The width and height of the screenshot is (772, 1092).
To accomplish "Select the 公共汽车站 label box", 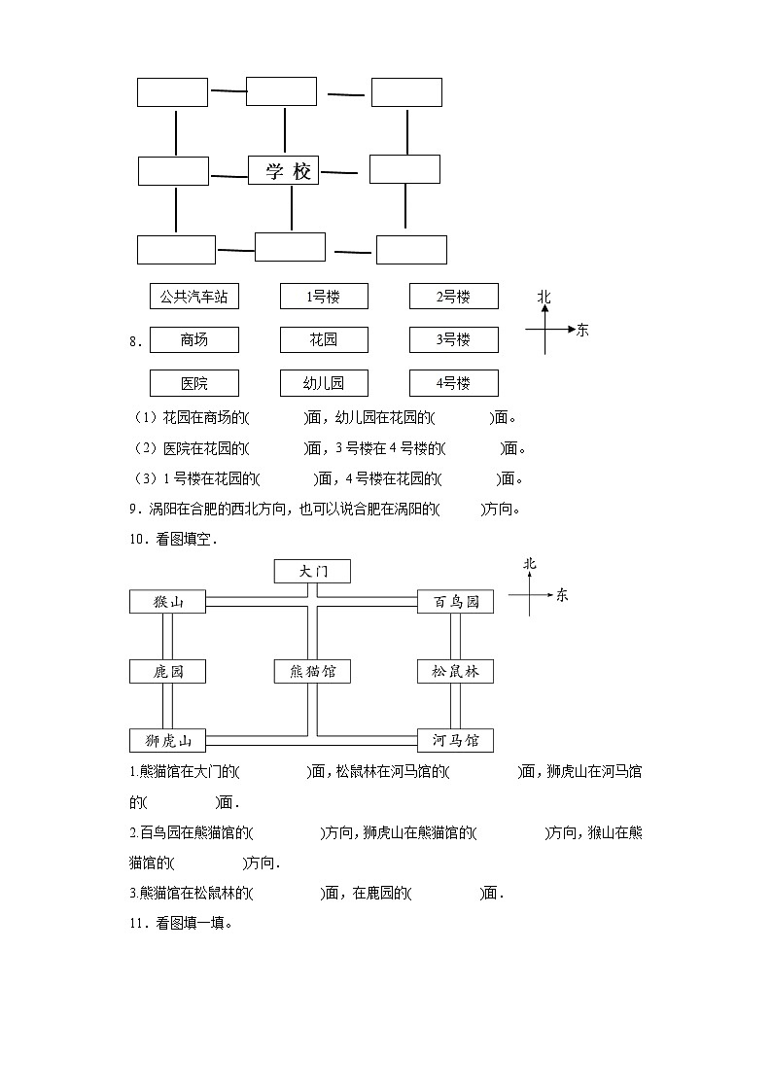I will (x=194, y=297).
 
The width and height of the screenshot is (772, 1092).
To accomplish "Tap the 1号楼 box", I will (x=324, y=297).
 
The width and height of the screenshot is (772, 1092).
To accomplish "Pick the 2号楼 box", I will (x=453, y=297).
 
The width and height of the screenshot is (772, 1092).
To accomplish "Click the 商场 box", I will (x=194, y=339).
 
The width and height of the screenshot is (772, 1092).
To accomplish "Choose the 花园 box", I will (x=324, y=339).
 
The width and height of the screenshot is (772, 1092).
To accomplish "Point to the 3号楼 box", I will (x=453, y=339).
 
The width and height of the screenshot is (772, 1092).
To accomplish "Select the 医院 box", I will (x=194, y=383).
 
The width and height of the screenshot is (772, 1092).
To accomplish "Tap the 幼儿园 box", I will (x=324, y=383).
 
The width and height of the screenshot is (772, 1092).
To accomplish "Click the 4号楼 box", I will (x=453, y=383).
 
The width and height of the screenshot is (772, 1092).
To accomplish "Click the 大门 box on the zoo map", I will (x=312, y=571).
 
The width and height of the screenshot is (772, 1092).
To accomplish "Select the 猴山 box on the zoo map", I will (x=168, y=602).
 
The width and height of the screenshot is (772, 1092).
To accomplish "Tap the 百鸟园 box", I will (x=455, y=602).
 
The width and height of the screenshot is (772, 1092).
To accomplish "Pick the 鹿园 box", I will (x=168, y=671).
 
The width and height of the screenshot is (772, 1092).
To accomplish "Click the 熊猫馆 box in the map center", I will (x=312, y=671).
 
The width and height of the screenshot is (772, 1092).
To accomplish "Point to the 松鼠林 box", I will (x=455, y=671).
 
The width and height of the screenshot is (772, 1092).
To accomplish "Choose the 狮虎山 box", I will (x=168, y=740).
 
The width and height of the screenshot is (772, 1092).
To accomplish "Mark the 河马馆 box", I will (x=455, y=740).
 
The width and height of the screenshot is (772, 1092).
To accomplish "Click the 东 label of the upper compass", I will (x=582, y=330).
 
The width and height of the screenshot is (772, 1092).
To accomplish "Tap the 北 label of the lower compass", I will (x=530, y=564).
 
